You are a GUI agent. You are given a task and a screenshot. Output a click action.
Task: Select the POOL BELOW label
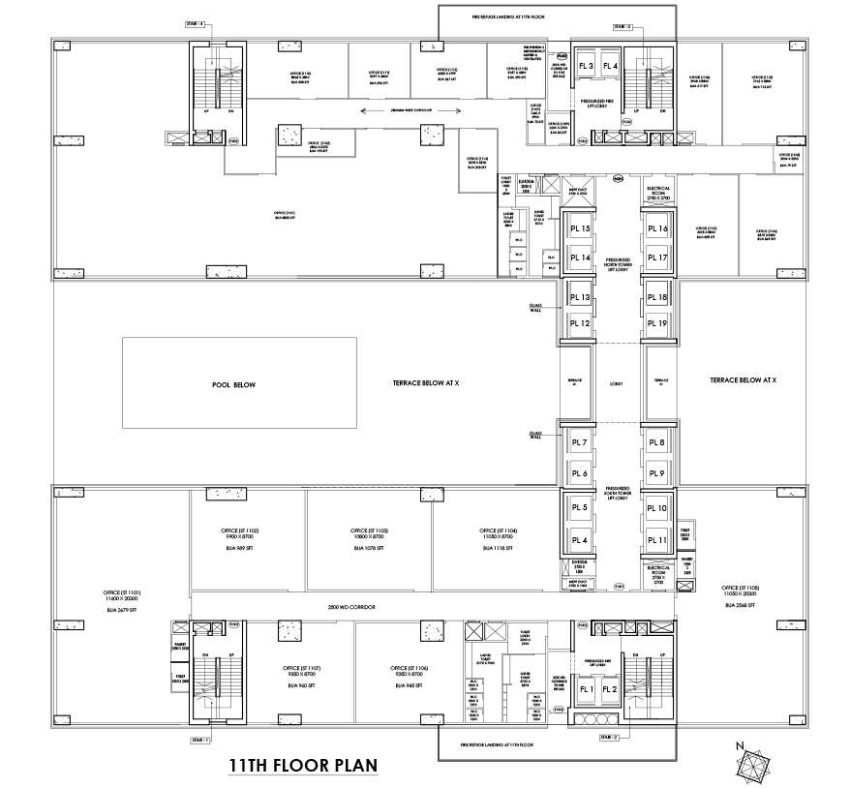[x=233, y=384]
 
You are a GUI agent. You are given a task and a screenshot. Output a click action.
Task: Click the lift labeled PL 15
[x=580, y=229]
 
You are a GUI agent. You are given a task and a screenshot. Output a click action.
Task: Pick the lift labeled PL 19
[x=657, y=323]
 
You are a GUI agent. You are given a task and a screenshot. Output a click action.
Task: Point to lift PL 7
[x=580, y=443]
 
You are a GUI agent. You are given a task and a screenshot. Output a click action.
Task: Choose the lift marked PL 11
[x=657, y=540]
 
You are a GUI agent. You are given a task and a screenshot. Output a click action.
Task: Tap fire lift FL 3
[x=586, y=66]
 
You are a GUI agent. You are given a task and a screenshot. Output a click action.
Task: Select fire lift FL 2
[x=610, y=689]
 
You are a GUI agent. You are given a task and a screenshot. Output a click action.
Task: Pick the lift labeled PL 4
[x=580, y=540]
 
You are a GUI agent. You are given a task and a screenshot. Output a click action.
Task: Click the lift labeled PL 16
[x=657, y=229]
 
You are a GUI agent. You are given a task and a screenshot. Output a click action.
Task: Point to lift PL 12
[x=580, y=323]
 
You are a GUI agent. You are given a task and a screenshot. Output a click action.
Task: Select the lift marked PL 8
[x=657, y=443]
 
